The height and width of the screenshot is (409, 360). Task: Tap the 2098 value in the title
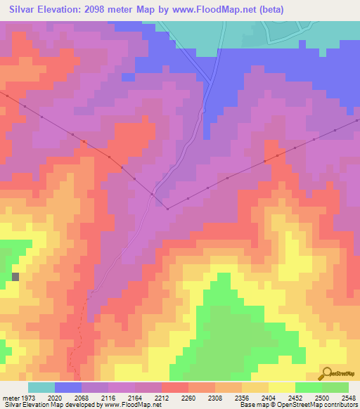[x=103, y=10]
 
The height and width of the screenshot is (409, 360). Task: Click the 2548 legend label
[x=349, y=397]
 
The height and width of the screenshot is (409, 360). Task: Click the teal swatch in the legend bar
[x=41, y=387]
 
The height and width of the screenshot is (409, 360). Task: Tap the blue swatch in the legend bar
[x=68, y=387]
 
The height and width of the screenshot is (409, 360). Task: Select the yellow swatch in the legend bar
[x=282, y=387]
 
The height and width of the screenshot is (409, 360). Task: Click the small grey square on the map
[x=15, y=276]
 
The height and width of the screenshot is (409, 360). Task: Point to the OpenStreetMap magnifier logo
[x=326, y=373]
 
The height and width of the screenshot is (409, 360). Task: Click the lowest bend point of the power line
[x=167, y=208]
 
